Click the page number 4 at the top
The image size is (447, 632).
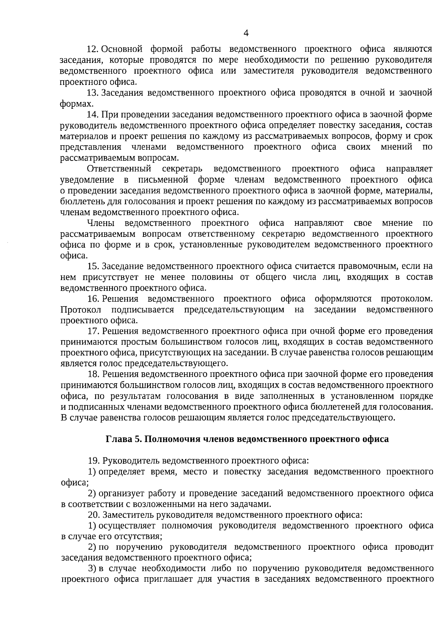pyautogui.click(x=245, y=33)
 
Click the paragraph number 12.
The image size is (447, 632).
pyautogui.click(x=92, y=49)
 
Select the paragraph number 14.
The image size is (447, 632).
pyautogui.click(x=92, y=114)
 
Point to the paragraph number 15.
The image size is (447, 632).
pyautogui.click(x=92, y=266)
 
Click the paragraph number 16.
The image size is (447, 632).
pyautogui.click(x=92, y=299)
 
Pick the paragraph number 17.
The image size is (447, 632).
pyautogui.click(x=92, y=331)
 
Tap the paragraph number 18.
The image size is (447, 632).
pyautogui.click(x=92, y=374)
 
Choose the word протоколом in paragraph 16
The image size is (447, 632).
pyautogui.click(x=407, y=299)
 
